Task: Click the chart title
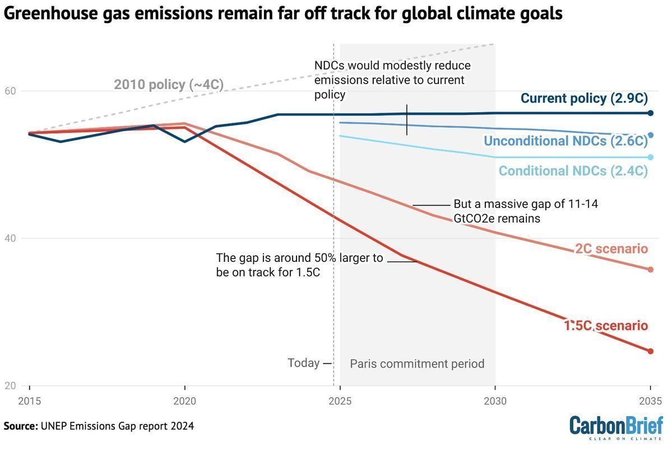point(283,13)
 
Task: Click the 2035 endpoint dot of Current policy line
point(650,113)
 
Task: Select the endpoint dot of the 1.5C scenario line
point(650,352)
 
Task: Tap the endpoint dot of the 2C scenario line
point(650,270)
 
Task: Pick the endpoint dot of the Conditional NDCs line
point(650,158)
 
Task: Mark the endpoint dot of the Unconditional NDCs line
point(650,135)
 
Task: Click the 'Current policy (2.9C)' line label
point(584,99)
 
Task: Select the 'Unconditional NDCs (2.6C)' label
point(566,141)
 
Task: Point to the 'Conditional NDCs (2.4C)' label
point(573,171)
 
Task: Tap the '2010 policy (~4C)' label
point(169,85)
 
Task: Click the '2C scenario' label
point(611,249)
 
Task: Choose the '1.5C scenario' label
point(605,326)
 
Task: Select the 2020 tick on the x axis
point(184,402)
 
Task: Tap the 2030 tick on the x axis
point(495,402)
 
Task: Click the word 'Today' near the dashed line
point(303,363)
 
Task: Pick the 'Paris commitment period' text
point(417,364)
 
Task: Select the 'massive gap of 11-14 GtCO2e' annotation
point(525,211)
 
